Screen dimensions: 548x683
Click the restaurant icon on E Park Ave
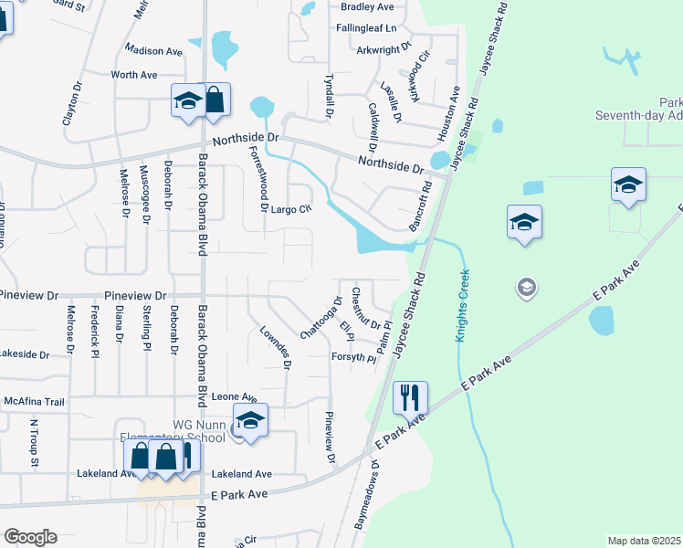point(409,397)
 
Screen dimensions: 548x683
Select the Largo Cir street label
point(292,209)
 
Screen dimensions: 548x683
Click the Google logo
point(30,537)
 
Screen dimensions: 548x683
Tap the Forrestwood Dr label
point(258,180)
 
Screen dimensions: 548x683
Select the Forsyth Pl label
point(353,358)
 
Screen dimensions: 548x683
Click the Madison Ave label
point(155,50)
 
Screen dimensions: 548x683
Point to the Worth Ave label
point(134,74)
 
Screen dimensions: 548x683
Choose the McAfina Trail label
point(35,402)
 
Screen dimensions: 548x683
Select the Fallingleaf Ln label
point(368,29)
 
